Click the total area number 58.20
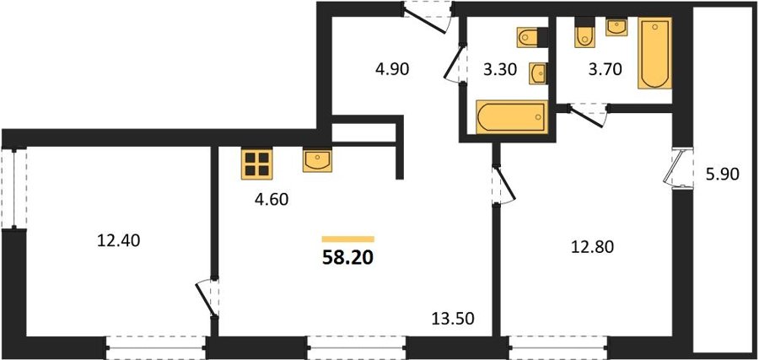347,258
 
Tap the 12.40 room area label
119,240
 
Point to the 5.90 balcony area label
722,174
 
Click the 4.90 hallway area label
392,69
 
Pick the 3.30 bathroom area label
500,69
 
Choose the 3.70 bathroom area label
605,69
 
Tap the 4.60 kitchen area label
272,199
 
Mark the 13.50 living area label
453,318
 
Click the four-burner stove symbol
257,164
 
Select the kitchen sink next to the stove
318,160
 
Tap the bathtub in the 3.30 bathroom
512,116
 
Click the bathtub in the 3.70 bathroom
654,53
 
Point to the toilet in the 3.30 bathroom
531,37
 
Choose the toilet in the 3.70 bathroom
584,32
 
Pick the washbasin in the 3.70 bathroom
616,27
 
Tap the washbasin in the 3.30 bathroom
538,73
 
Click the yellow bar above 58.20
348,239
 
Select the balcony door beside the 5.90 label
678,169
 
